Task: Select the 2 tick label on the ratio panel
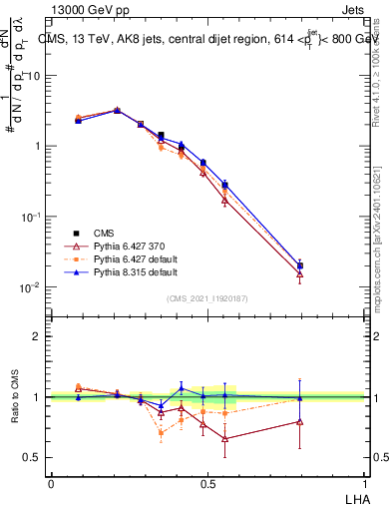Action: (37, 336)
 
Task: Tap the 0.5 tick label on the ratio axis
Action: (33, 457)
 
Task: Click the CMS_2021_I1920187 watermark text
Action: (207, 297)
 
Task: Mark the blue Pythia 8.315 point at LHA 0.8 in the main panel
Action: (300, 265)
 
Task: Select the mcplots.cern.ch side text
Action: (380, 250)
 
